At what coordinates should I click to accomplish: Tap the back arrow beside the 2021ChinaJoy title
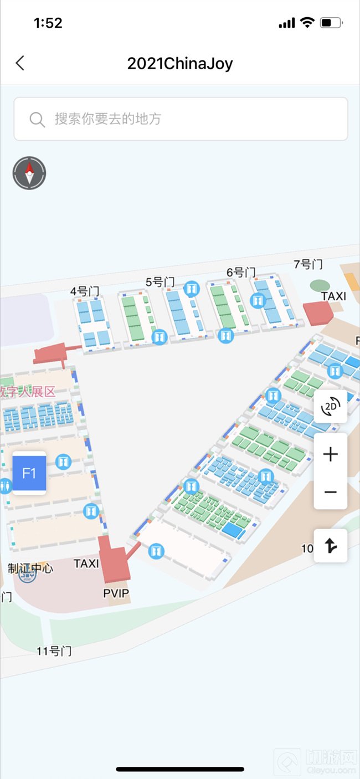coord(20,63)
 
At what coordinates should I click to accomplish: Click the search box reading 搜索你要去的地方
coord(181,119)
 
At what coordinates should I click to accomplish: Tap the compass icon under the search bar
coord(29,173)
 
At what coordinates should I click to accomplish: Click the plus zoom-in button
coord(331,455)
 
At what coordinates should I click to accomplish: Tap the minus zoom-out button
coord(331,491)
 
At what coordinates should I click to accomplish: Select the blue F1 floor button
coord(29,473)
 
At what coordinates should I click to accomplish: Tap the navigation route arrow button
coord(331,546)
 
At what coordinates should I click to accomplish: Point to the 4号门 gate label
coord(84,291)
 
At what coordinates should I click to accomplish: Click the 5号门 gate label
coord(160,282)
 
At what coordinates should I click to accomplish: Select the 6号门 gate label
coord(241,273)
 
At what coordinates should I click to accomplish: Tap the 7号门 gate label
coord(308,264)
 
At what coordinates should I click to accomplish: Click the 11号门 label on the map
coord(54,651)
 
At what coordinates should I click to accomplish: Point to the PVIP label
coord(116,594)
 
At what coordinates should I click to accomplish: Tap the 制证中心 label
coord(30,568)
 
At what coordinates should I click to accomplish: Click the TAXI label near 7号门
coord(333,296)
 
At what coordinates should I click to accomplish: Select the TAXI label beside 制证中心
coord(86,563)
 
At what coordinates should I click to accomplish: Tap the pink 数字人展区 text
coord(28,392)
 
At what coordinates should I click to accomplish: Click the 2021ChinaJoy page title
coord(180,63)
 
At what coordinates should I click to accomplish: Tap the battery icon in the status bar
coord(331,23)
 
